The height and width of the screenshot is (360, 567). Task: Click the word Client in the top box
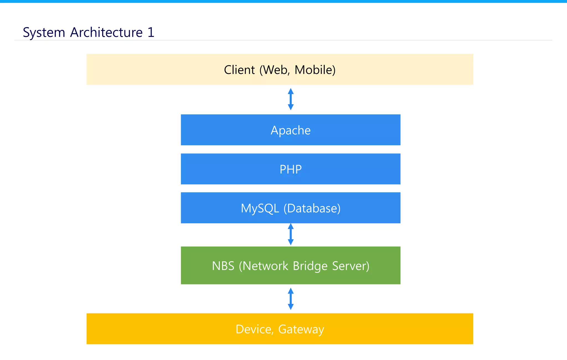click(239, 70)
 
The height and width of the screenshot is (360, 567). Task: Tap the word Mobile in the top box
click(315, 70)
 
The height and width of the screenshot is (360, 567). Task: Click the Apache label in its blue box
click(290, 130)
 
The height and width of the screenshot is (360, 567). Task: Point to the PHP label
click(290, 169)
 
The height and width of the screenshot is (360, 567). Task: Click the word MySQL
click(260, 208)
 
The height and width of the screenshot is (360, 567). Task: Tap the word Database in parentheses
click(312, 208)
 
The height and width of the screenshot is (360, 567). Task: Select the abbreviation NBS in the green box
click(223, 266)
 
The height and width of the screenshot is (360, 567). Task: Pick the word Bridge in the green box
click(310, 266)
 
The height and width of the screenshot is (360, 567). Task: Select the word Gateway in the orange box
click(301, 329)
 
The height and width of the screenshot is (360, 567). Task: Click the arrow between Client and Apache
click(290, 99)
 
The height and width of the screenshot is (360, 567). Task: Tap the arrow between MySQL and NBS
click(290, 234)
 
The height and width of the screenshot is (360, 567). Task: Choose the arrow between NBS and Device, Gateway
click(290, 299)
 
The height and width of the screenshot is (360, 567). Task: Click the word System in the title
click(44, 33)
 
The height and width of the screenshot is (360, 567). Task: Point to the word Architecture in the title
click(106, 32)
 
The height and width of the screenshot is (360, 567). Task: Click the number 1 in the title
click(151, 32)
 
